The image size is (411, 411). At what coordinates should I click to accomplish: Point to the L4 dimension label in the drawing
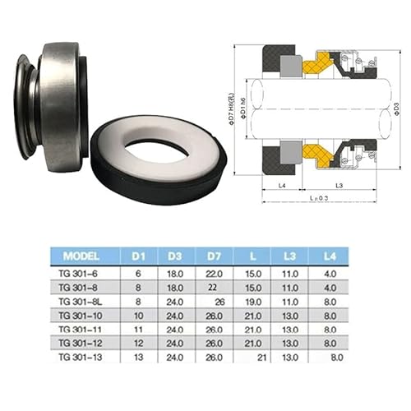click(x=281, y=186)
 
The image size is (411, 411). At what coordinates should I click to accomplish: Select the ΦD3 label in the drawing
click(x=395, y=106)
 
